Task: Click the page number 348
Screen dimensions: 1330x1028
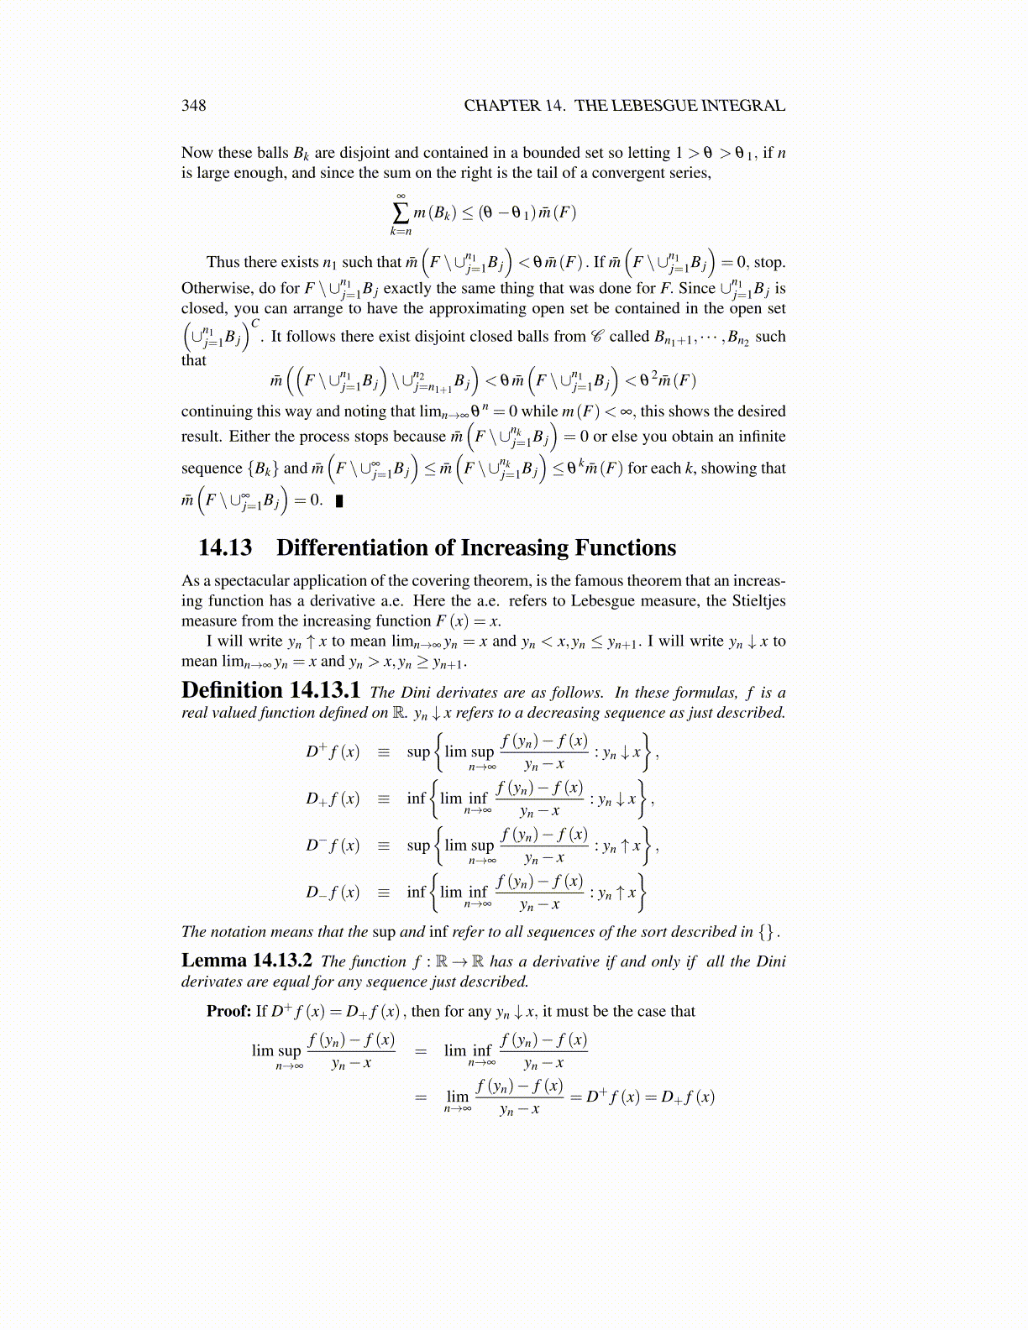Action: pyautogui.click(x=193, y=105)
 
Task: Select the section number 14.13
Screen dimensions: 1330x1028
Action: pyautogui.click(x=225, y=548)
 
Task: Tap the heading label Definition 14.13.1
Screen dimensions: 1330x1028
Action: pyautogui.click(x=270, y=690)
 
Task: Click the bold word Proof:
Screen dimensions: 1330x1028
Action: pyautogui.click(x=228, y=1011)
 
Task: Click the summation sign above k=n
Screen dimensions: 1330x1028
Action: pyautogui.click(x=401, y=211)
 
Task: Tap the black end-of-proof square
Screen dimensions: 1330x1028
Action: pyautogui.click(x=338, y=502)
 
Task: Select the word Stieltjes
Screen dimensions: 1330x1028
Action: pyautogui.click(x=758, y=601)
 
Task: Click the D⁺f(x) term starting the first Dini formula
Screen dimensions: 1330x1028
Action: pyautogui.click(x=333, y=751)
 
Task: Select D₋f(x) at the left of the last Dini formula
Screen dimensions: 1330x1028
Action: pyautogui.click(x=333, y=892)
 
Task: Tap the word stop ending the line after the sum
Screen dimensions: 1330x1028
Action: pyautogui.click(x=769, y=262)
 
